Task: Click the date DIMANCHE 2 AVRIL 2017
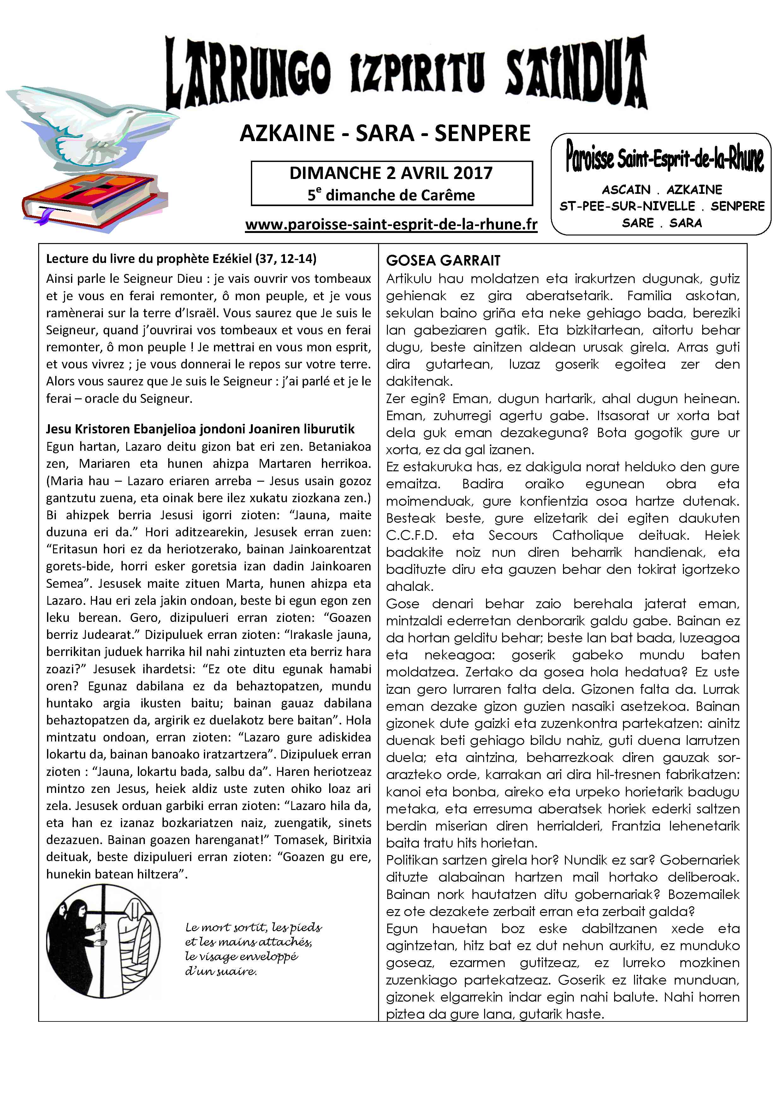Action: pyautogui.click(x=391, y=173)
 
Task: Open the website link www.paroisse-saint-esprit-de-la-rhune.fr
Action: pyautogui.click(x=391, y=225)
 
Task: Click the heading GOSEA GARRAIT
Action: pyautogui.click(x=443, y=261)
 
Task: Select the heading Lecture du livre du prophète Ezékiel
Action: pyautogui.click(x=181, y=259)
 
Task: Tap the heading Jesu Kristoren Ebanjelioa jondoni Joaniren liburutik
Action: pyautogui.click(x=200, y=429)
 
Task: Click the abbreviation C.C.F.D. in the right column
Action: pyautogui.click(x=412, y=535)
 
